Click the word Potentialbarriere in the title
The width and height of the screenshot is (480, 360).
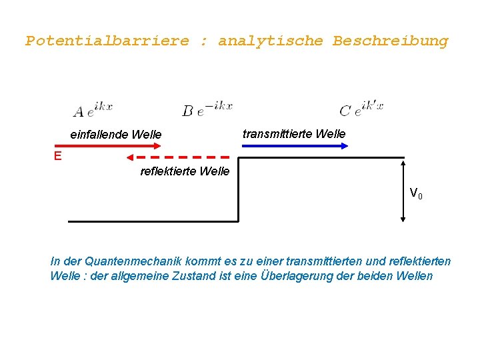click(x=107, y=41)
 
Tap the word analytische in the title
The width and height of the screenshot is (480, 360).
click(x=271, y=41)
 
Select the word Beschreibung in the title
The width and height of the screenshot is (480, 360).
click(x=390, y=41)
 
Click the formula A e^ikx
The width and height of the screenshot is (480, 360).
click(x=93, y=110)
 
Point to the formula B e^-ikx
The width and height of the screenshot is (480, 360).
click(x=207, y=109)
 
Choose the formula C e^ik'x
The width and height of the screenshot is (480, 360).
click(x=361, y=109)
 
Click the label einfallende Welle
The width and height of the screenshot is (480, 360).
click(x=116, y=135)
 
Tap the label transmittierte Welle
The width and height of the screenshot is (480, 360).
click(x=294, y=134)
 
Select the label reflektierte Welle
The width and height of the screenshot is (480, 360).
click(x=185, y=171)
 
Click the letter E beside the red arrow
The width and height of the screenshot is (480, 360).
click(x=58, y=156)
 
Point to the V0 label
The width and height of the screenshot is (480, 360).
click(x=415, y=194)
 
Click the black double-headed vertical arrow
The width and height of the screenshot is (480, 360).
click(x=403, y=190)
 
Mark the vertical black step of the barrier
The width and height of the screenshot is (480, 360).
click(x=239, y=190)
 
